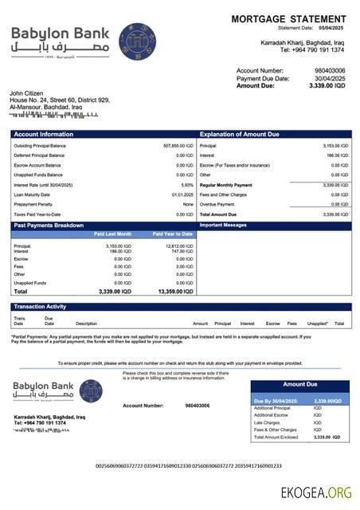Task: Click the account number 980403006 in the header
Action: pyautogui.click(x=330, y=70)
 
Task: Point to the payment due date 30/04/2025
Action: pyautogui.click(x=330, y=77)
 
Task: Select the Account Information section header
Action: pyautogui.click(x=44, y=134)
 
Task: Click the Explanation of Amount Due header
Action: pyautogui.click(x=241, y=134)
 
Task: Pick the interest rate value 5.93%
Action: pyautogui.click(x=187, y=185)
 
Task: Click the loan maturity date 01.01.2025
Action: pyautogui.click(x=182, y=194)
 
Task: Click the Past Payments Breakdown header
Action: pyautogui.click(x=49, y=226)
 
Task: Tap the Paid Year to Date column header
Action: pyautogui.click(x=173, y=233)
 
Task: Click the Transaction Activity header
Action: pyautogui.click(x=40, y=306)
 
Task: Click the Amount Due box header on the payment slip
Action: pyautogui.click(x=299, y=384)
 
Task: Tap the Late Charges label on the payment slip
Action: pyautogui.click(x=264, y=422)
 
